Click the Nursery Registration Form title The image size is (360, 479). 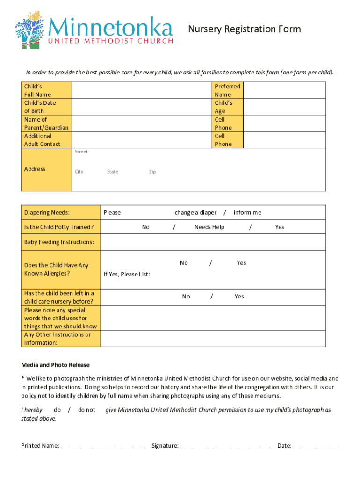(244, 29)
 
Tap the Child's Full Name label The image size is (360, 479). (37, 90)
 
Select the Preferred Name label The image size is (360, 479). (227, 90)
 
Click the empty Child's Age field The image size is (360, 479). (285, 107)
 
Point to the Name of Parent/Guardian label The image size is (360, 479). (46, 123)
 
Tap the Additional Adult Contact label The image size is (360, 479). (42, 140)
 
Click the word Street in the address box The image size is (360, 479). (81, 152)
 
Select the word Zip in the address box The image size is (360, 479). (152, 172)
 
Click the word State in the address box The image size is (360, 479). (112, 172)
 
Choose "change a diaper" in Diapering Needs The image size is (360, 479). (195, 212)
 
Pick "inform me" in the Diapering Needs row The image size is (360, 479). (247, 212)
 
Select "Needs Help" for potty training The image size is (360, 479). (209, 227)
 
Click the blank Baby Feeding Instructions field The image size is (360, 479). (213, 242)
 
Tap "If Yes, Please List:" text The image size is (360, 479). (127, 274)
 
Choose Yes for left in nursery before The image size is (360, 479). (239, 296)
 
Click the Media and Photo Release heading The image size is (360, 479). (55, 365)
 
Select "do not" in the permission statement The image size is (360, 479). (86, 410)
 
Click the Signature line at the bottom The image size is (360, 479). (224, 445)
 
